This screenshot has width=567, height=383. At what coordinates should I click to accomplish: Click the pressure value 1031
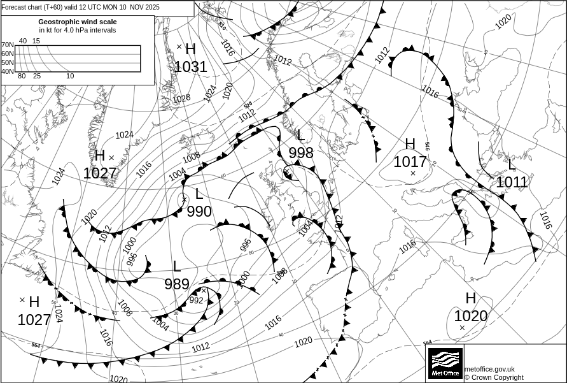click(191, 67)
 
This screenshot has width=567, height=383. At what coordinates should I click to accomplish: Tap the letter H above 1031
click(190, 49)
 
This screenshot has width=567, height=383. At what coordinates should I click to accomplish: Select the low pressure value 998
click(301, 152)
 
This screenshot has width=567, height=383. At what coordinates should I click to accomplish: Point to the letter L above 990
click(199, 194)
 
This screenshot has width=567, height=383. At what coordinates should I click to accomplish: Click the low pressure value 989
click(177, 284)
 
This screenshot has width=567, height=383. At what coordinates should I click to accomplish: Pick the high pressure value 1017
click(410, 162)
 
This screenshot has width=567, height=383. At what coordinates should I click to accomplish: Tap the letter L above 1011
click(512, 164)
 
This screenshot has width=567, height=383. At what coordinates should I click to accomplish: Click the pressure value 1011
click(512, 183)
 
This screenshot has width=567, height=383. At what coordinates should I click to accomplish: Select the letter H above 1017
click(410, 145)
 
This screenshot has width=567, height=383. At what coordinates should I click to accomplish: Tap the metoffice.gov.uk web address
click(489, 369)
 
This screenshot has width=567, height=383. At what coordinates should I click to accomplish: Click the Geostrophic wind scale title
click(78, 22)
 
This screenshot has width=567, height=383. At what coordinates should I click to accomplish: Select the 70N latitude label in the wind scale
click(8, 45)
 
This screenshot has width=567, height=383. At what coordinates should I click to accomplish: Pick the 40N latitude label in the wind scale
click(8, 71)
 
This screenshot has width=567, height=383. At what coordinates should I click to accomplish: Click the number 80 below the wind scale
click(22, 76)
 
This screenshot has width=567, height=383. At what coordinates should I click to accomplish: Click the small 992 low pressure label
click(197, 300)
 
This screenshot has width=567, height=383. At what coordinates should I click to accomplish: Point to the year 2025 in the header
click(151, 8)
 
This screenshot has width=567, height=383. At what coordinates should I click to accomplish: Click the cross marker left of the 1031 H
click(179, 47)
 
